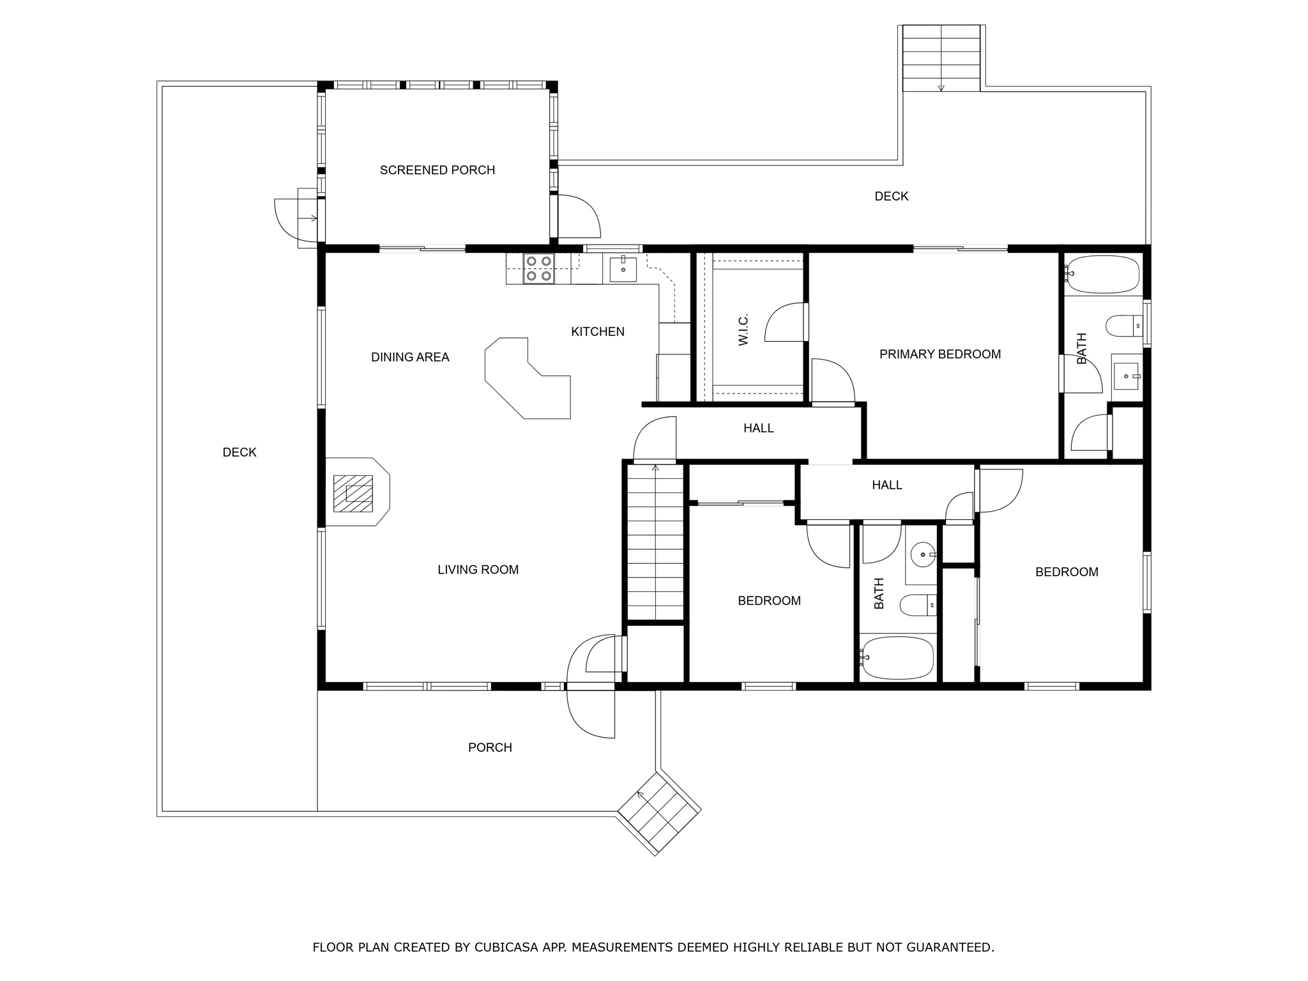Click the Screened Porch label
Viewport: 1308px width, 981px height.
pos(437,170)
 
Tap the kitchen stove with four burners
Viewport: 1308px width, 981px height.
pos(538,269)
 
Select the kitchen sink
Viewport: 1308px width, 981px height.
pos(623,268)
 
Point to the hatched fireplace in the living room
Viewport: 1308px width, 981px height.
pos(353,493)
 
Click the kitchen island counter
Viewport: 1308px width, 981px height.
pos(528,378)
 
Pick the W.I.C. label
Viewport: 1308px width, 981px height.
pos(743,330)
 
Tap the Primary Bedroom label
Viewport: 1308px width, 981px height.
pos(940,354)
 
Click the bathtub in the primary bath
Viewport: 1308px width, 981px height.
pos(1103,274)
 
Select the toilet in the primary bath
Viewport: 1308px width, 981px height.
pos(1124,326)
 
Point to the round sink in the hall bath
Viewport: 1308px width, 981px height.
pos(923,554)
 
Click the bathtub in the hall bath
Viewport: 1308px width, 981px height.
pos(897,657)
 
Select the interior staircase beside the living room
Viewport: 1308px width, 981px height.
pos(655,542)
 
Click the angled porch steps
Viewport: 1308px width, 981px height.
pos(659,813)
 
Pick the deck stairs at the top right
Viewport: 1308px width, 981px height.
pos(941,58)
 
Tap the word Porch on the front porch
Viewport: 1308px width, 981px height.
pos(490,748)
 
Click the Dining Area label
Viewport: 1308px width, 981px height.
pos(410,357)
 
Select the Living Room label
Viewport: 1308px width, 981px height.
pos(478,570)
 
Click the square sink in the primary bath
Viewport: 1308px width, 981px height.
pos(1126,376)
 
